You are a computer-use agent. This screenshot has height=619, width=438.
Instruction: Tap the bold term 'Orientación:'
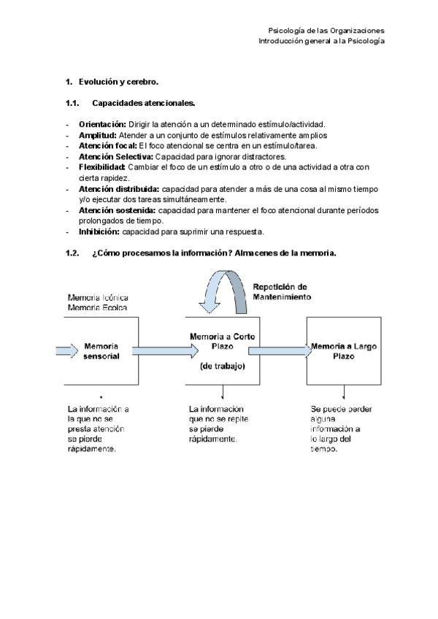[x=102, y=125]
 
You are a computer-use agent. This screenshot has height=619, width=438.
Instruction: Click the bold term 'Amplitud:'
[x=98, y=135]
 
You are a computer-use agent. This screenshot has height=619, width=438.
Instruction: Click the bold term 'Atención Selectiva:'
[x=115, y=156]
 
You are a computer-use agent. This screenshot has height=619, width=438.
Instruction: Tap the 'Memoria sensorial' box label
[x=102, y=350]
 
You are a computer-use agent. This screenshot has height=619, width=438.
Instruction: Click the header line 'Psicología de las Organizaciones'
[x=326, y=31]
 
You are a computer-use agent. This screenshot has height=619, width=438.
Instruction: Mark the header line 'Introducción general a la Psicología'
[x=321, y=41]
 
